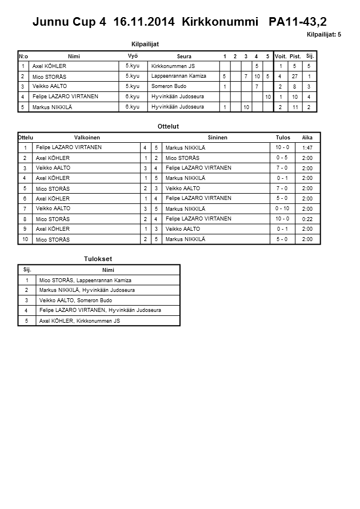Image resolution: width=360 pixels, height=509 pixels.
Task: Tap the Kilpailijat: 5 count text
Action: tap(323, 35)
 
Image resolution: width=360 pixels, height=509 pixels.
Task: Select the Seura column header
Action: tap(184, 56)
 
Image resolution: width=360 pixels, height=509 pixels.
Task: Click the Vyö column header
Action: tap(132, 55)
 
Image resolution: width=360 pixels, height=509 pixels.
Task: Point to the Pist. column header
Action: tap(295, 56)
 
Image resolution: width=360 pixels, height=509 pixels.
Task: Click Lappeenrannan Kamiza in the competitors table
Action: tap(179, 76)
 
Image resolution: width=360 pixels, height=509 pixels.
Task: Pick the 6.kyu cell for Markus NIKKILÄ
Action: tap(132, 107)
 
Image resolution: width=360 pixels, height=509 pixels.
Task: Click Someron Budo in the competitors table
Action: tap(169, 86)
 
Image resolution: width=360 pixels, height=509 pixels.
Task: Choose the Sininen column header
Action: tap(217, 138)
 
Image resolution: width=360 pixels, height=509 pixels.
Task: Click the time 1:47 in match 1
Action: tap(307, 148)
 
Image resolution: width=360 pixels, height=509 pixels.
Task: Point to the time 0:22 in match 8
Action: tap(307, 219)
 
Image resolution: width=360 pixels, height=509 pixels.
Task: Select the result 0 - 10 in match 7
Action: tap(282, 209)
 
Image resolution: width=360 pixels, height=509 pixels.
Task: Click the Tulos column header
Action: tap(283, 138)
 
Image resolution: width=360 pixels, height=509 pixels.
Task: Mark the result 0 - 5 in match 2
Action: tap(282, 158)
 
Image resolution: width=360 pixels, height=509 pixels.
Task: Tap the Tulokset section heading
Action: tap(98, 259)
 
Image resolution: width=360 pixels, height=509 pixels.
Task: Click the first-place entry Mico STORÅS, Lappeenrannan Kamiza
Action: tap(85, 280)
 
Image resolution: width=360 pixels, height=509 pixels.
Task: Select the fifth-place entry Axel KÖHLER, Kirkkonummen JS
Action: tap(79, 321)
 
